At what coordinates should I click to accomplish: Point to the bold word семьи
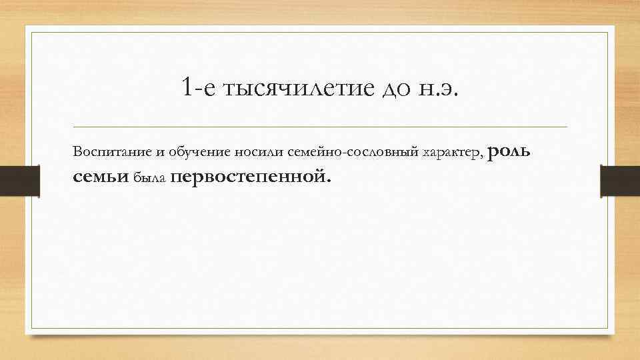click(101, 177)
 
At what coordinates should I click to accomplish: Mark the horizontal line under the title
click(320, 127)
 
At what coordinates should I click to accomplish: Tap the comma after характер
click(483, 155)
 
